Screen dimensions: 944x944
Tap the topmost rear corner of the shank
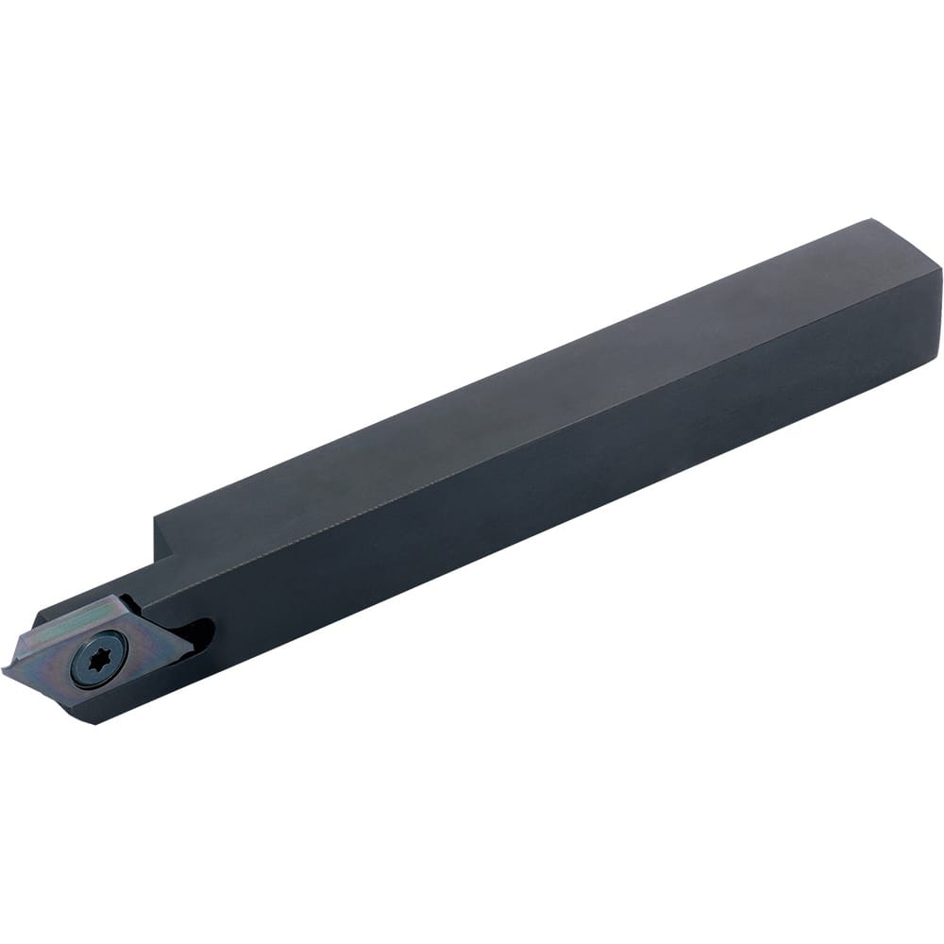pos(869,220)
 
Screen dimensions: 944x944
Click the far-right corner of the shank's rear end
pos(940,271)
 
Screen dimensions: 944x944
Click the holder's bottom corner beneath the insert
pos(94,722)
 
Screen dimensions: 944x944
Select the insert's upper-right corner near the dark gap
pos(122,598)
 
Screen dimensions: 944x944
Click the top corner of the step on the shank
pos(155,514)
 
